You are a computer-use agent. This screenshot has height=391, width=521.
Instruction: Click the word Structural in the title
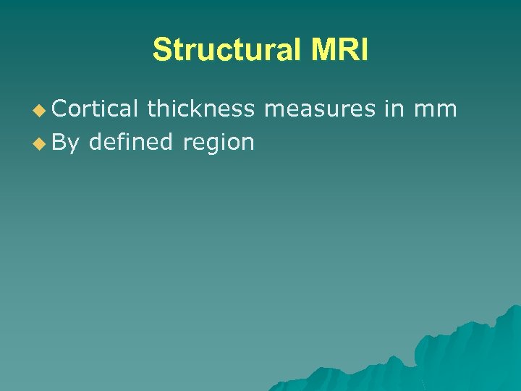coord(228,51)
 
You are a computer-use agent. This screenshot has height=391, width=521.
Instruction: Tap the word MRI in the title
coord(340,51)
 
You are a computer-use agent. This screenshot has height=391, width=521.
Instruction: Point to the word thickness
coord(200,109)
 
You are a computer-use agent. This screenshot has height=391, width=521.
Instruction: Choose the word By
coord(66,143)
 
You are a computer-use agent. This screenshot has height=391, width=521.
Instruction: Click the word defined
coord(130,142)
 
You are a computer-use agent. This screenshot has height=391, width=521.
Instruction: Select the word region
coord(219,143)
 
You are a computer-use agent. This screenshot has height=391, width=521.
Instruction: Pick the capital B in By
coord(60,142)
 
